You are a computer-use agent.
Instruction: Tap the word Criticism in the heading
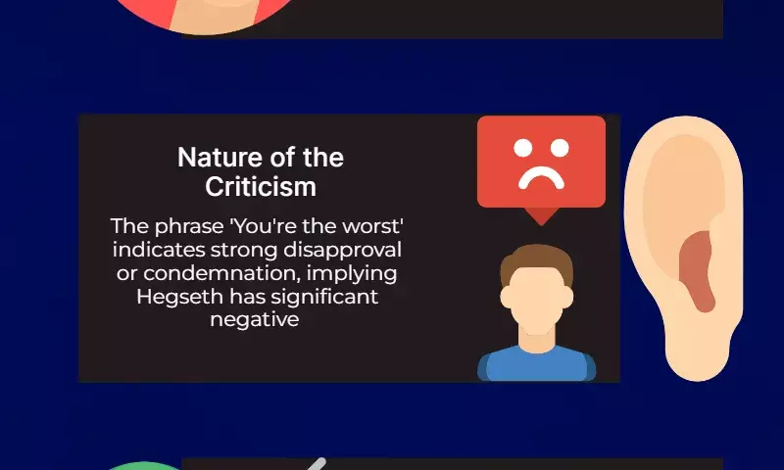coord(261,187)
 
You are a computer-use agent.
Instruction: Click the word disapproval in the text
coord(342,251)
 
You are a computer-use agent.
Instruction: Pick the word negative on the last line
coord(255,319)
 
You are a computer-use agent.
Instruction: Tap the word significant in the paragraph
coord(324,298)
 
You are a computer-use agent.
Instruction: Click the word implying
coord(352,274)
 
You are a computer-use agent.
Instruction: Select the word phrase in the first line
coord(189,227)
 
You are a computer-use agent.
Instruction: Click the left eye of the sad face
coord(523,148)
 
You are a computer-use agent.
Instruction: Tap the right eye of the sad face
coord(560,148)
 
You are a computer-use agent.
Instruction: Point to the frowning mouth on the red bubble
coord(542,178)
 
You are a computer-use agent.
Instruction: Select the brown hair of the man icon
coord(536,259)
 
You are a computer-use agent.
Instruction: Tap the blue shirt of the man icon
coord(536,365)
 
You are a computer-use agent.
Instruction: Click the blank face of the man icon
coord(536,300)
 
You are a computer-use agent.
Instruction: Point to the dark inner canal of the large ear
coord(697,269)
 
